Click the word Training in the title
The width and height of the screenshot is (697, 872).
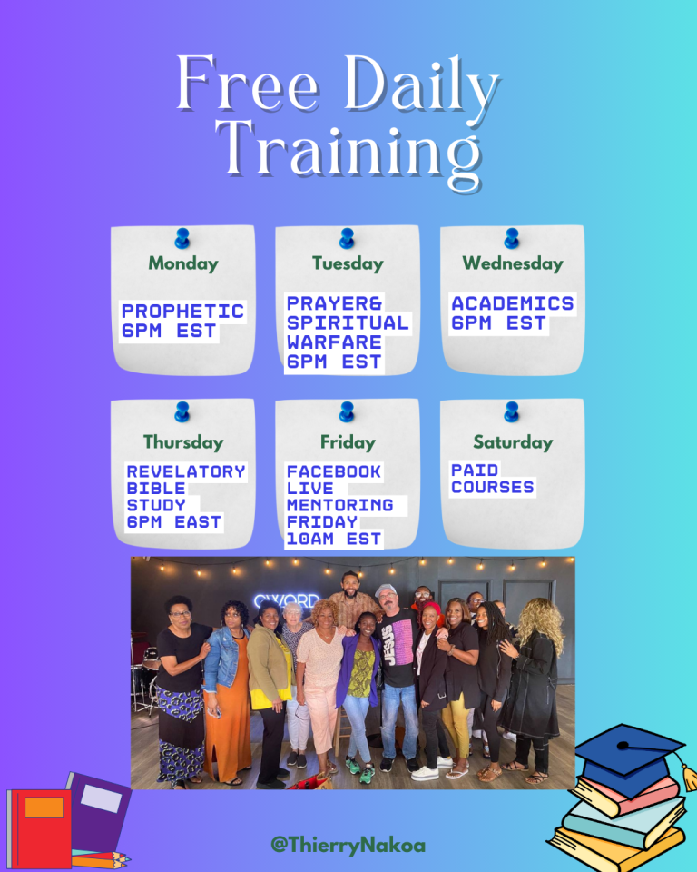tap(348, 153)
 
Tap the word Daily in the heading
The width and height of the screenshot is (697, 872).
tap(421, 85)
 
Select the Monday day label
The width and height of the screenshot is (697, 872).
tap(183, 263)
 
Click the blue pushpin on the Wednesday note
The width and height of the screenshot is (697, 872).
tap(512, 238)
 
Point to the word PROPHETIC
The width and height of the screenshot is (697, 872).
tap(182, 311)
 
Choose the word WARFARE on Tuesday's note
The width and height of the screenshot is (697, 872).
tap(334, 342)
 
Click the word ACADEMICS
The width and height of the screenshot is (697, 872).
tap(513, 303)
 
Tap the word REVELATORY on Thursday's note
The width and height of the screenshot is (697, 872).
tap(186, 471)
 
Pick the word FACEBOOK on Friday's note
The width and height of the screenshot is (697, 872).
tap(334, 471)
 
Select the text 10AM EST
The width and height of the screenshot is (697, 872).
tap(334, 539)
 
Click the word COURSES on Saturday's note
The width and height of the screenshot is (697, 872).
tap(493, 487)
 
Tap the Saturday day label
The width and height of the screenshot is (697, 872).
tap(513, 442)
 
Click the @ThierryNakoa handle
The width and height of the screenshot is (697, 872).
tap(348, 846)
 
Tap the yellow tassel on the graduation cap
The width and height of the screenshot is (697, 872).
tap(689, 777)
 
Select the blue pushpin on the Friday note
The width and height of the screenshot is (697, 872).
tap(347, 411)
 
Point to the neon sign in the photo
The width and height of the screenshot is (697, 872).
tap(287, 601)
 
